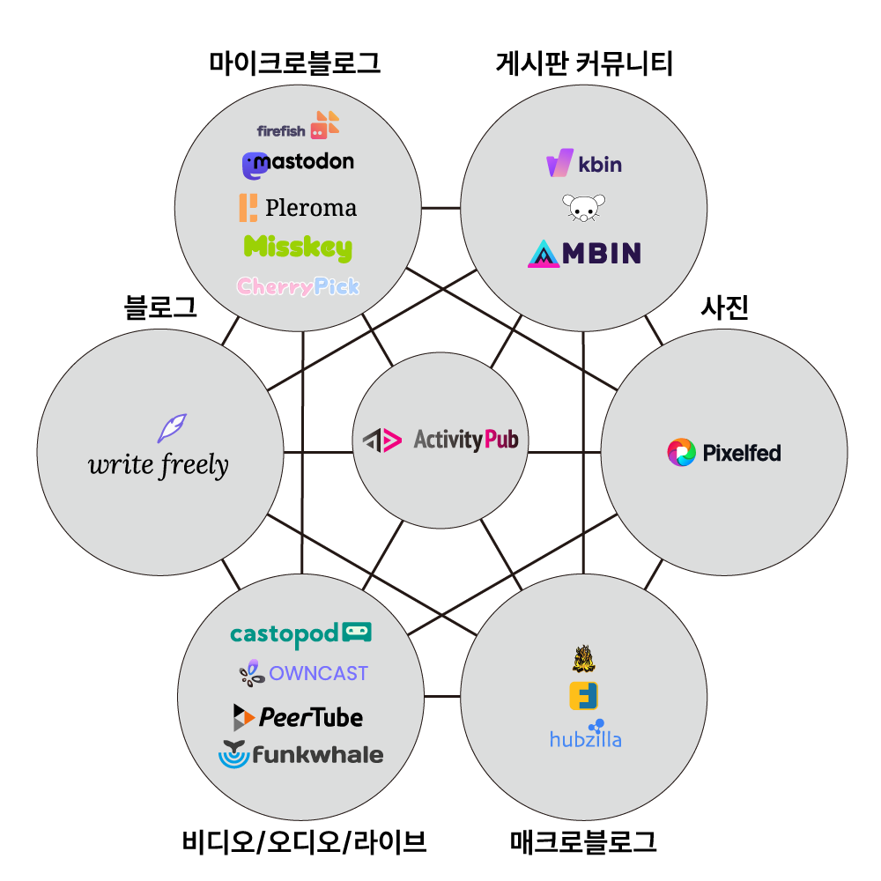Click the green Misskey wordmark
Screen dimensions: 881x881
tap(298, 248)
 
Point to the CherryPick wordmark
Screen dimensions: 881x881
tap(298, 286)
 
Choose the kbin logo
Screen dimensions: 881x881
tap(584, 164)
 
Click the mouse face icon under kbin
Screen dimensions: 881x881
tap(583, 208)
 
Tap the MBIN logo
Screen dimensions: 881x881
tap(584, 254)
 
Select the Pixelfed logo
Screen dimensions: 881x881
tap(724, 453)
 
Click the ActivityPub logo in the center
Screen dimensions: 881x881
tap(440, 440)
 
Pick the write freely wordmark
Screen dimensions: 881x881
tap(159, 464)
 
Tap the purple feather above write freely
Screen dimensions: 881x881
tap(171, 427)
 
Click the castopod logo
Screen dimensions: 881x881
tap(300, 633)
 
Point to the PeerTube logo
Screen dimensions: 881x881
tap(298, 717)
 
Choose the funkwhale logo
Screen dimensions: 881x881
tap(300, 755)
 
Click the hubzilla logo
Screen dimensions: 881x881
tap(586, 735)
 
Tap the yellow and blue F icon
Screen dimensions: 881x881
tap(584, 696)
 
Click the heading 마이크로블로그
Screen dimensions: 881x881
tap(295, 63)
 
